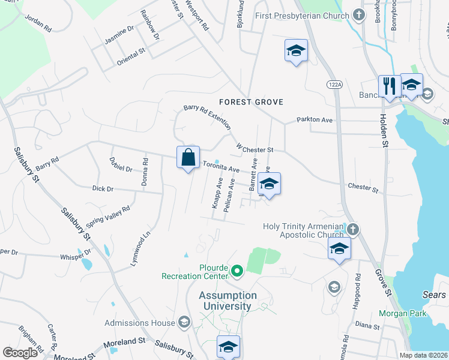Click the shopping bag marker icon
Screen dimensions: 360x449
click(188, 158)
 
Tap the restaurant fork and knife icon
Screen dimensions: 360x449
click(389, 86)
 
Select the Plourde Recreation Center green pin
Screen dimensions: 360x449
click(237, 272)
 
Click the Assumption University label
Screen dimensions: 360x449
click(229, 301)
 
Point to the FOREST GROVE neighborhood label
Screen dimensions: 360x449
click(251, 102)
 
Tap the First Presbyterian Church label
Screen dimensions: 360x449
click(303, 15)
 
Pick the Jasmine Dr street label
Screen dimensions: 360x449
click(118, 40)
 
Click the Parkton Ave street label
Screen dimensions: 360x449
click(315, 120)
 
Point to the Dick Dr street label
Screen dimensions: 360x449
click(103, 188)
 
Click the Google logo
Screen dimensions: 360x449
click(20, 353)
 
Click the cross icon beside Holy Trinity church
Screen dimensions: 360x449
click(354, 229)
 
